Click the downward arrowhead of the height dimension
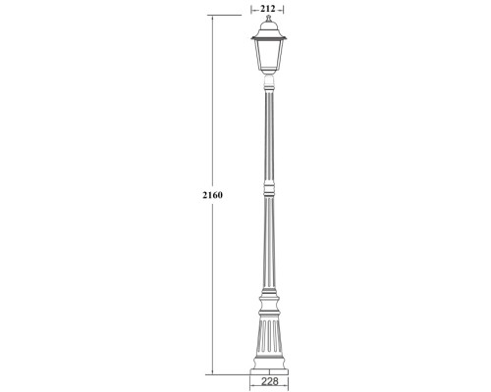(x=212, y=371)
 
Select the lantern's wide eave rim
(x=267, y=38)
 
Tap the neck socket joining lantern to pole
(x=267, y=80)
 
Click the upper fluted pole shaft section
(x=267, y=132)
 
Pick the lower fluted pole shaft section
(x=267, y=245)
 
